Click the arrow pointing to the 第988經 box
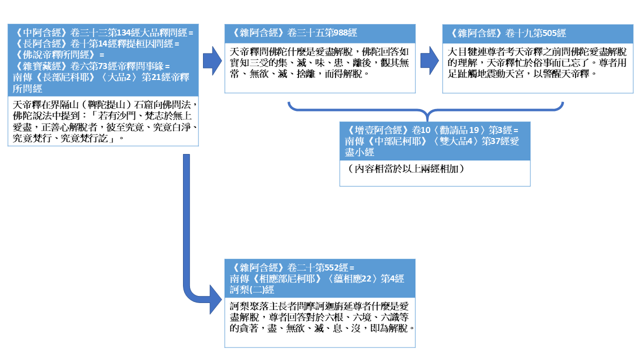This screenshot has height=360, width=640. point(212,60)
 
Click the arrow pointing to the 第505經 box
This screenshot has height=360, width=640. point(429,60)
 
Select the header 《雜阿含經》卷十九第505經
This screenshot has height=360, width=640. point(508,33)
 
